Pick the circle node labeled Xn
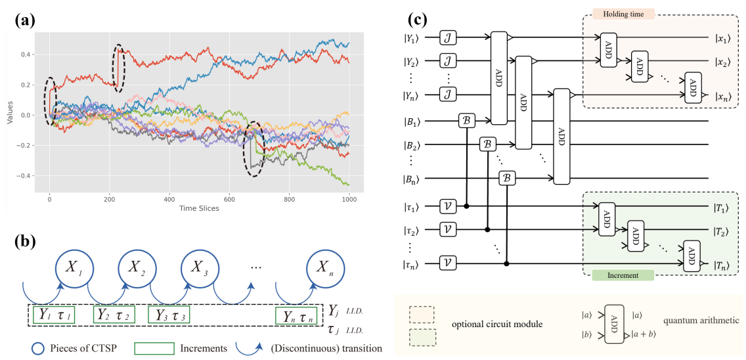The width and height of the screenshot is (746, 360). pos(326,269)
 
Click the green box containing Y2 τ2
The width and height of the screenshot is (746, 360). pos(115,315)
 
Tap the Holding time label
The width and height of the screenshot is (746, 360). pos(623,13)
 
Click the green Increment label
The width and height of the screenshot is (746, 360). pos(623,276)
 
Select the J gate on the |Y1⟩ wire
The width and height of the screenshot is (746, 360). pos(449,37)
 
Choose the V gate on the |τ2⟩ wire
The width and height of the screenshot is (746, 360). pos(449,230)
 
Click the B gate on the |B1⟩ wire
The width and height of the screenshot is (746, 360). pos(467,121)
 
